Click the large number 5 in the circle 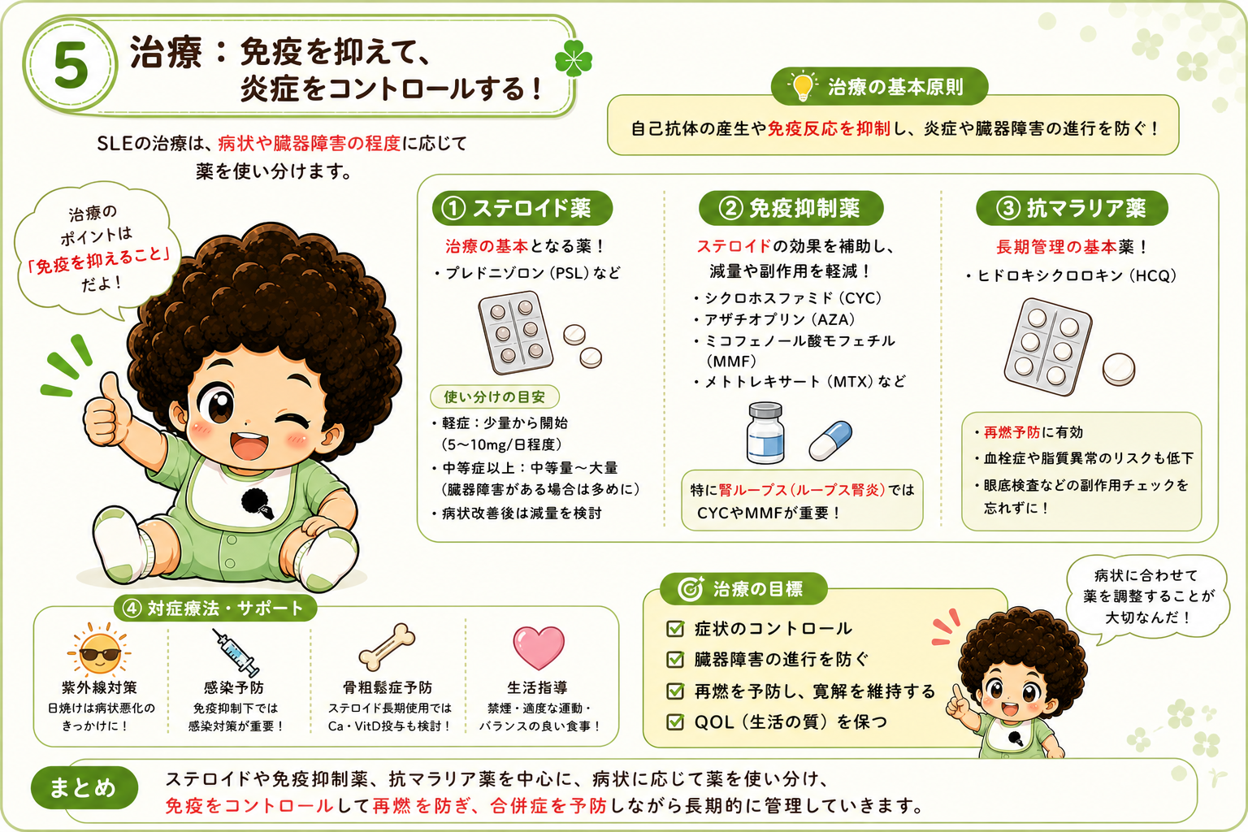[x=71, y=66]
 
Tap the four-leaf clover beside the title [x=574, y=58]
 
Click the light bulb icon [x=803, y=86]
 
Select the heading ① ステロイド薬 [x=522, y=209]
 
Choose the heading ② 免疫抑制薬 [x=791, y=209]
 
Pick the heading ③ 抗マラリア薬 [x=1072, y=209]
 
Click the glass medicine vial [x=765, y=433]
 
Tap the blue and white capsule [x=830, y=440]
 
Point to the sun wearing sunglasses [x=100, y=650]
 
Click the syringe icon [x=236, y=652]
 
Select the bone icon [x=388, y=647]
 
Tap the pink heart [x=538, y=647]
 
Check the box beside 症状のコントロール [x=675, y=629]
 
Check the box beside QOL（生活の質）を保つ [x=675, y=721]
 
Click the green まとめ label [x=84, y=788]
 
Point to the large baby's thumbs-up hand [x=106, y=409]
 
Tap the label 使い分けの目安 [x=495, y=396]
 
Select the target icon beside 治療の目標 [x=691, y=589]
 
